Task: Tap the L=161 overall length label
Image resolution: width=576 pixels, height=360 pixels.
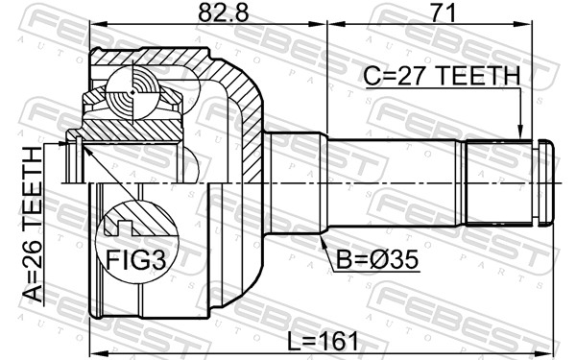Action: click(323, 340)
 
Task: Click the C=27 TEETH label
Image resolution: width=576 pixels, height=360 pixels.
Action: click(440, 75)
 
